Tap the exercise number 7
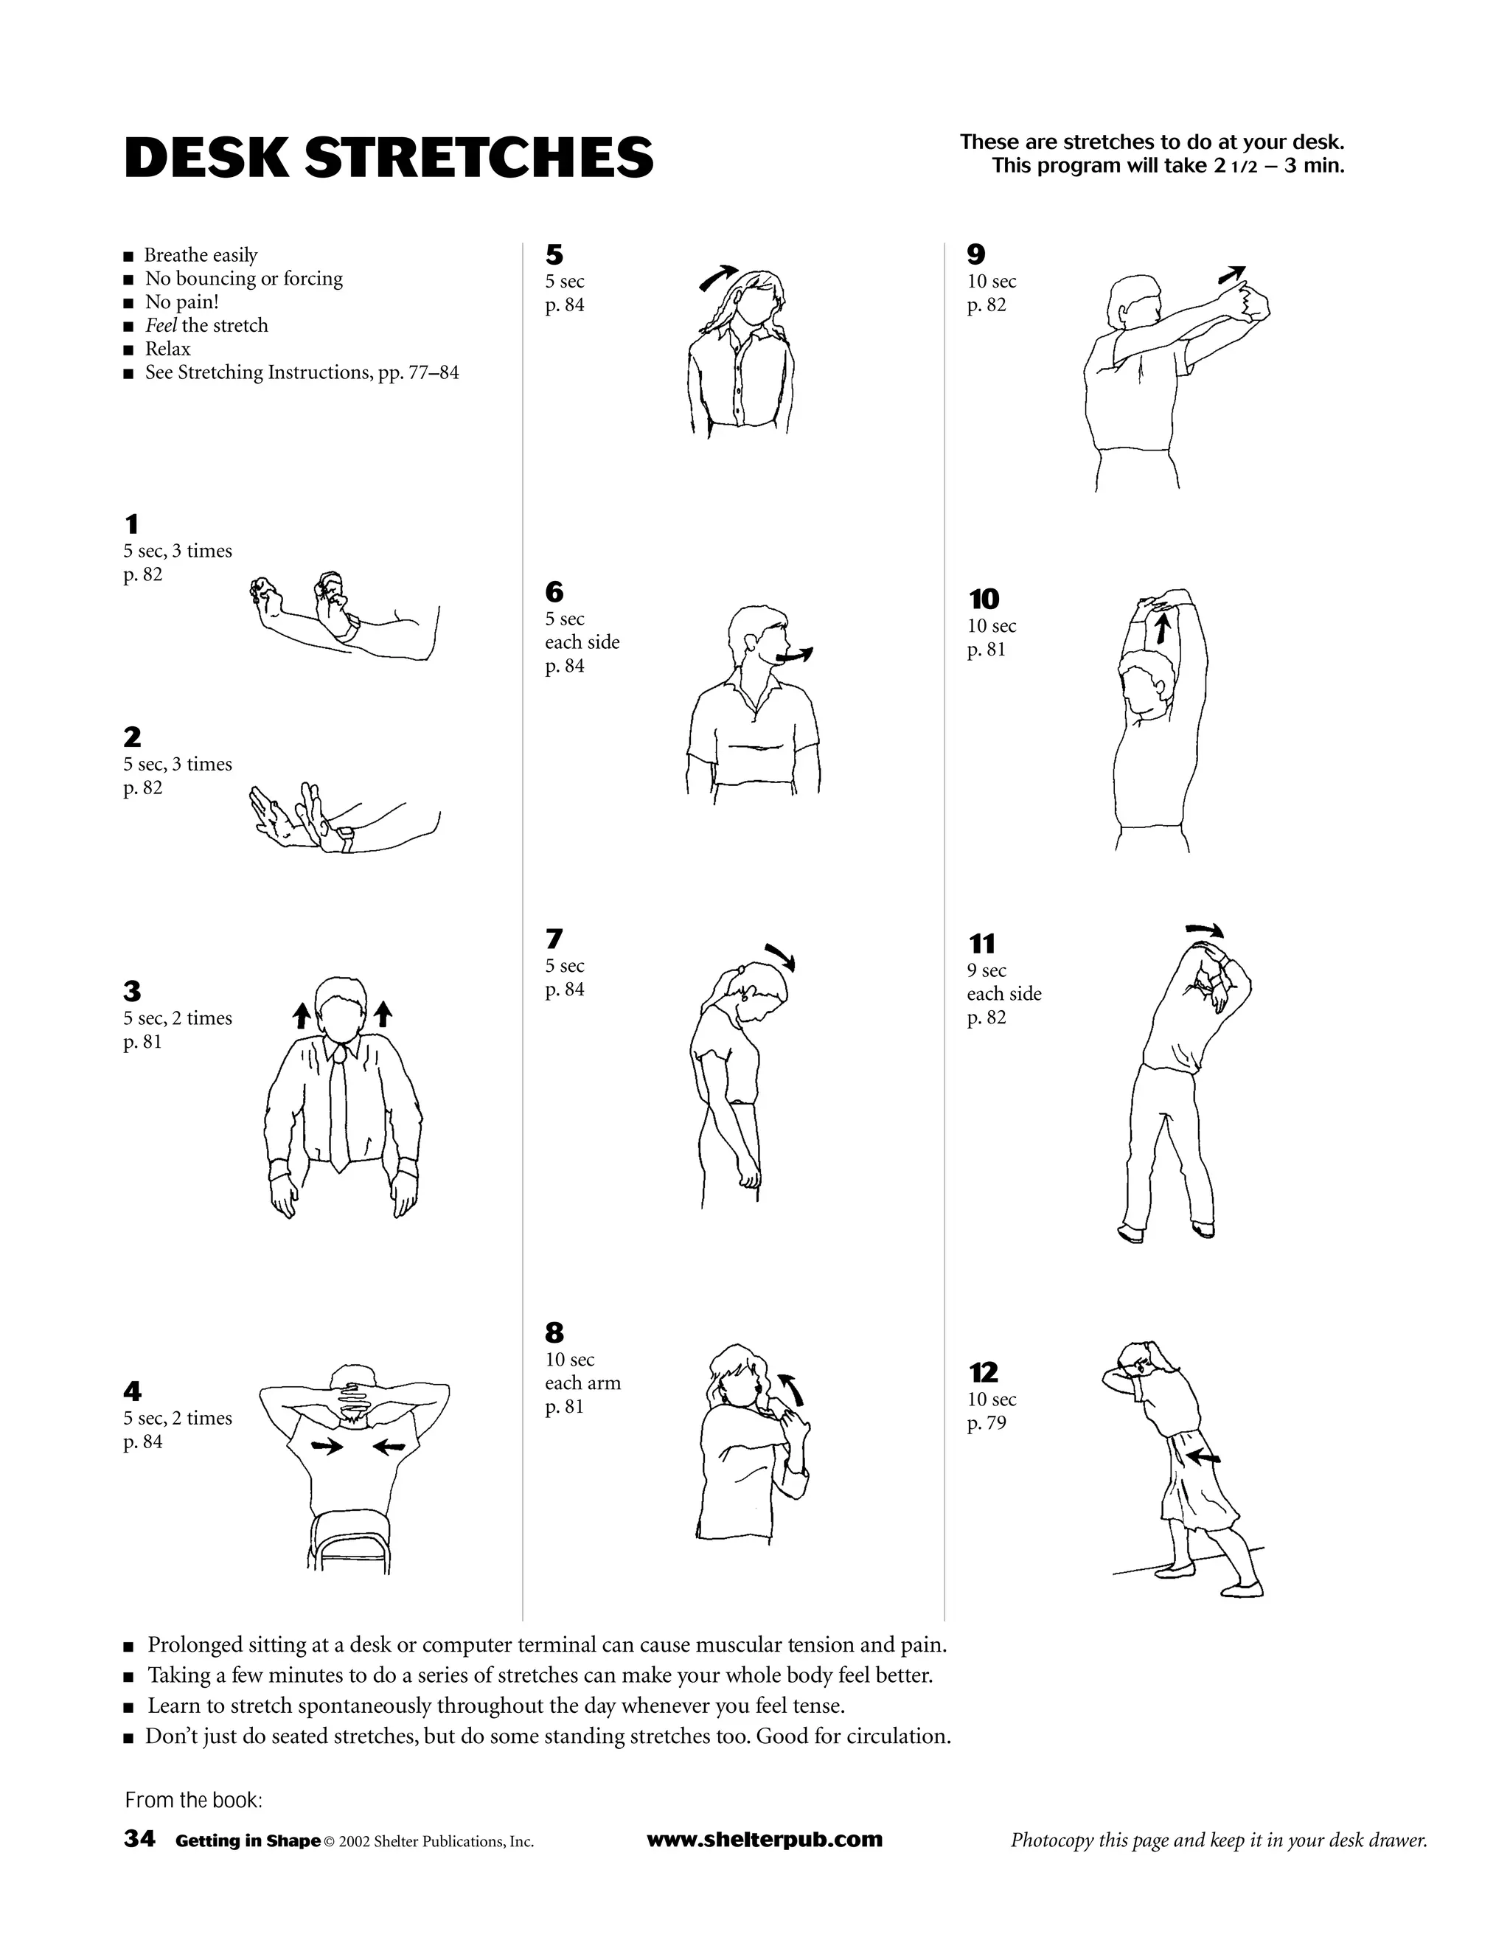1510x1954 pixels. (x=554, y=939)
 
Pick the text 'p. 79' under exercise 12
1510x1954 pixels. (x=986, y=1423)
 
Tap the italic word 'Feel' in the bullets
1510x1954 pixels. (x=161, y=326)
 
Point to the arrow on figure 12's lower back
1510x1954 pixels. (x=1204, y=1458)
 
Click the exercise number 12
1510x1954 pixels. (x=983, y=1372)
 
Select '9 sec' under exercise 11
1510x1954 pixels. (x=986, y=971)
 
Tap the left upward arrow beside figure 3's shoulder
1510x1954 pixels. (x=302, y=1015)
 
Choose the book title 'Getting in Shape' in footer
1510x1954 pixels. (x=248, y=1841)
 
